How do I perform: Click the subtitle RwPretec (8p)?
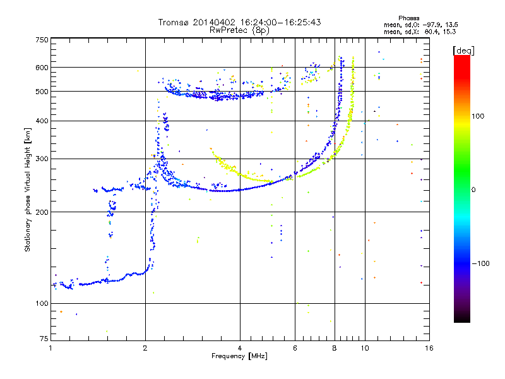(239, 30)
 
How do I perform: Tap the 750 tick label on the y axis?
(42, 40)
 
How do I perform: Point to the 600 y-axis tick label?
(42, 68)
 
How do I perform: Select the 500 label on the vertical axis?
(42, 92)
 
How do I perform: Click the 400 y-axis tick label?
(42, 121)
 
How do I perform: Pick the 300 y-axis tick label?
(42, 159)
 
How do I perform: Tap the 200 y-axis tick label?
(42, 212)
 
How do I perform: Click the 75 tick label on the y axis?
(44, 339)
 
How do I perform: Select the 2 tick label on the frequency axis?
(145, 348)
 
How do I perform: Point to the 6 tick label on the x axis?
(295, 348)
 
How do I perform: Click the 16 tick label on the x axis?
(429, 348)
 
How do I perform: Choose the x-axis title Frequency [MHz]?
(239, 356)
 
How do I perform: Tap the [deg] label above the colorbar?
(463, 51)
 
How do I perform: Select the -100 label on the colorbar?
(480, 263)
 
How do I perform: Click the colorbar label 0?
(473, 190)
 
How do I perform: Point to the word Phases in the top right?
(408, 18)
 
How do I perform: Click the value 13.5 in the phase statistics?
(451, 25)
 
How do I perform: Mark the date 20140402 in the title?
(214, 22)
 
